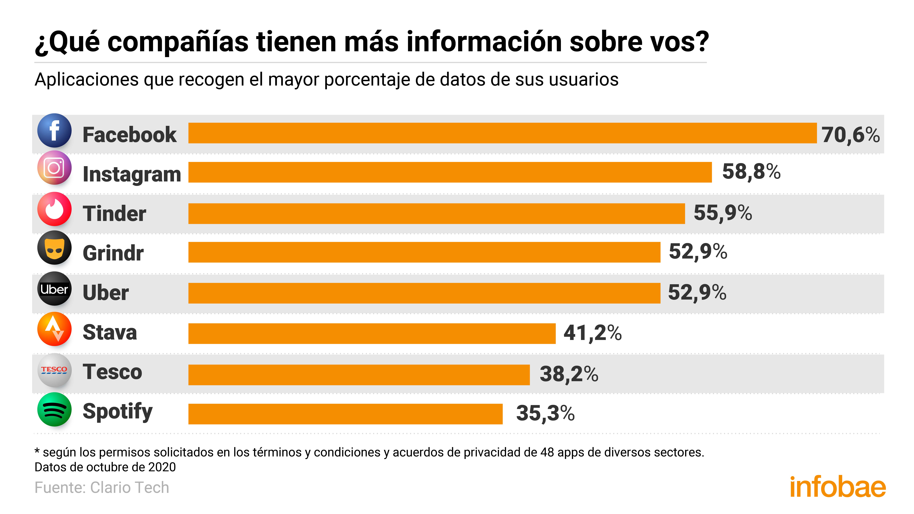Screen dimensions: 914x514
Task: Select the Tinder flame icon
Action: (x=54, y=209)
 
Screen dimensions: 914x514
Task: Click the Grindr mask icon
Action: (x=54, y=248)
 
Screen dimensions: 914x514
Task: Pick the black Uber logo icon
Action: (x=54, y=289)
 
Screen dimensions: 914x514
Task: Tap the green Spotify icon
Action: (x=54, y=409)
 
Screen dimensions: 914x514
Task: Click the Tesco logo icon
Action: (x=54, y=370)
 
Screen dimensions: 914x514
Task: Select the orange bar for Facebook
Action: (x=502, y=133)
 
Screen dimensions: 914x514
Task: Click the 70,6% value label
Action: (x=850, y=135)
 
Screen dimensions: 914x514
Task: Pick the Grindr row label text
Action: (x=113, y=253)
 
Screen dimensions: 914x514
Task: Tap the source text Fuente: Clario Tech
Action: (x=102, y=487)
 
